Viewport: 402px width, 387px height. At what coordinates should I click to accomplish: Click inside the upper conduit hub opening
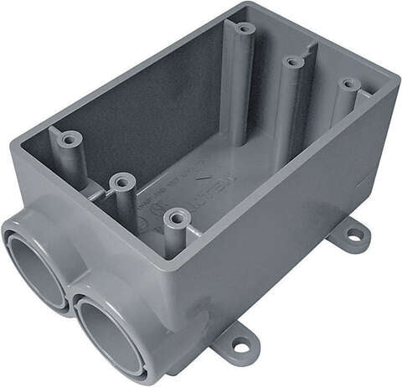[x=35, y=268]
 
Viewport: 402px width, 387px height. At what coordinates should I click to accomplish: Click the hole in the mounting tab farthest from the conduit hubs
[x=355, y=235]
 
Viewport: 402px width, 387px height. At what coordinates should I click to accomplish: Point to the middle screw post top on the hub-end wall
[x=122, y=180]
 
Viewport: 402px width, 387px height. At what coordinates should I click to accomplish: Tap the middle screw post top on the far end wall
[x=292, y=61]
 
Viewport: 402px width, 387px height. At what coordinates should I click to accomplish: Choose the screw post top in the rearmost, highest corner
[x=245, y=28]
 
